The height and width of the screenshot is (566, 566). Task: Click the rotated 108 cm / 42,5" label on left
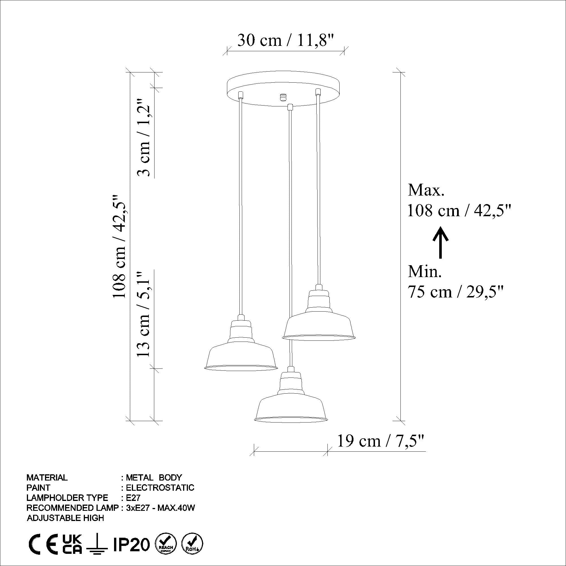coord(120,246)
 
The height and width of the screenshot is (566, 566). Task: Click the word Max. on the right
coord(426,190)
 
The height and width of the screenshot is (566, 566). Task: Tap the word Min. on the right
coord(425,272)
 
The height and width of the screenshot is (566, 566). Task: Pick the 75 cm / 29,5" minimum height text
coord(456,292)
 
